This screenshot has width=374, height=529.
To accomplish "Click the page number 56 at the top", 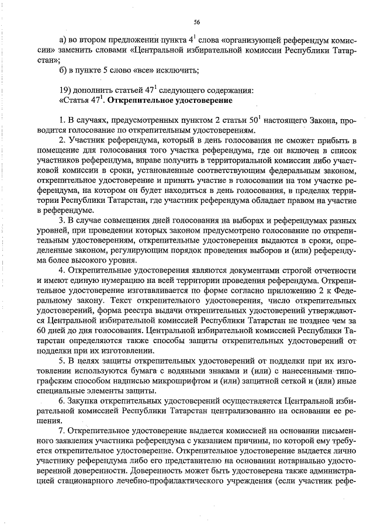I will (x=197, y=22).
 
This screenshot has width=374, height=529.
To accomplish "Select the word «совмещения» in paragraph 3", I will (x=127, y=220).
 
